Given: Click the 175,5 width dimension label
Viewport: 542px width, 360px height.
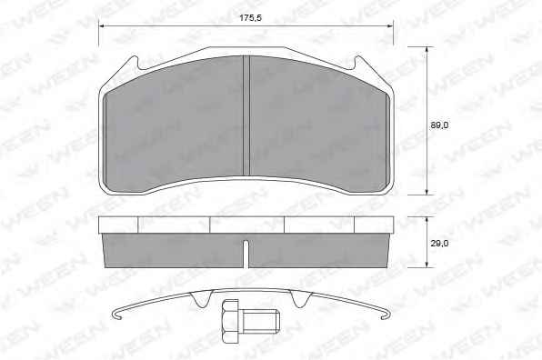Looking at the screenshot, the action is (251, 17).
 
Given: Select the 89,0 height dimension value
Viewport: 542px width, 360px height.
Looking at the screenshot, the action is (439, 125).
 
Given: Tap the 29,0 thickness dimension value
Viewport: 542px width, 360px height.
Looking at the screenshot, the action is (439, 244).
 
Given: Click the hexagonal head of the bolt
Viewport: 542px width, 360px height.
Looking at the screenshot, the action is (230, 321).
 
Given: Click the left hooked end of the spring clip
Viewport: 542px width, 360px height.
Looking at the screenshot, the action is (116, 314).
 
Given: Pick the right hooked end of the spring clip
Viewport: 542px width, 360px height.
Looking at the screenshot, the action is (386, 314).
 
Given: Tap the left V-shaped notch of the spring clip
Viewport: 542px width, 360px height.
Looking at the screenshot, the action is (201, 299).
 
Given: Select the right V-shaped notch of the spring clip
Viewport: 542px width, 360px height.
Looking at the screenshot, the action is (300, 299).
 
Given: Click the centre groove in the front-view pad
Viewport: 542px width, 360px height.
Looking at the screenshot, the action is (246, 115).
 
